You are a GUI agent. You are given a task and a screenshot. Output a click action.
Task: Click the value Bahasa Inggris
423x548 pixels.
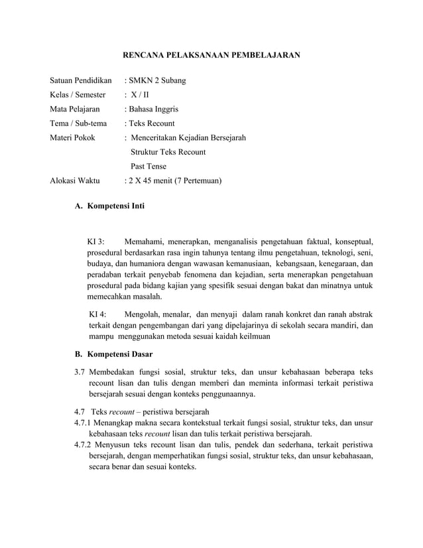[153, 109]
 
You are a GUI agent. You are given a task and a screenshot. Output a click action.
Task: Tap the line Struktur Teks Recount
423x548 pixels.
[168, 152]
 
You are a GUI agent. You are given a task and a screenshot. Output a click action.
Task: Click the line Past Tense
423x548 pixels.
[149, 166]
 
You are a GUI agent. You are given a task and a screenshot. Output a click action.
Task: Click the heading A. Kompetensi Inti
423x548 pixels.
[109, 206]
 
